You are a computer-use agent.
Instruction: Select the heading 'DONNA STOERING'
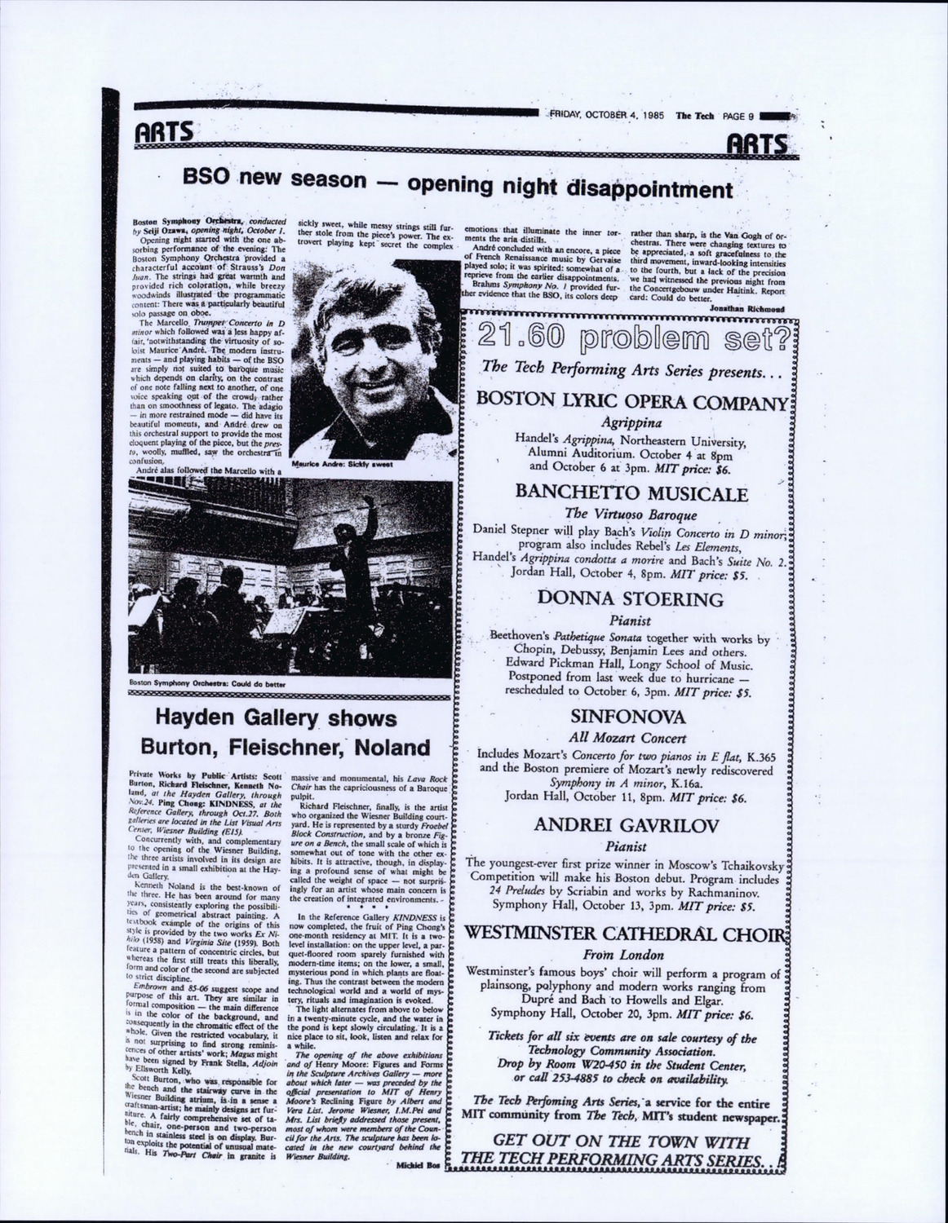coord(630,599)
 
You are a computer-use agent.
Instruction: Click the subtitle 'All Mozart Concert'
coord(627,739)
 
